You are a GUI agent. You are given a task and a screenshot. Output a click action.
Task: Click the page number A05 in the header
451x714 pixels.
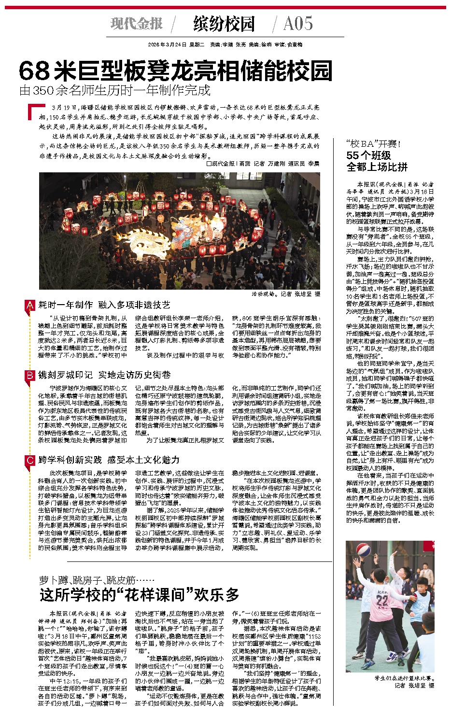coord(298,23)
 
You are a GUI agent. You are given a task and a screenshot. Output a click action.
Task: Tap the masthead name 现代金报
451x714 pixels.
coord(137,23)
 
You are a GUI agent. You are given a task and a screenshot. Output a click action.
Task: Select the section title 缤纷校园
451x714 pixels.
coord(224,24)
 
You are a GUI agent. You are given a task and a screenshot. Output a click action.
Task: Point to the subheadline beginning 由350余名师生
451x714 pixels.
coord(115,90)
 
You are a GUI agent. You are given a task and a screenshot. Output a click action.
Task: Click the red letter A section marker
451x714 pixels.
coord(30,305)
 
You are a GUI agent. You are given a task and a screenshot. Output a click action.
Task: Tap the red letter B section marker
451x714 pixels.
coord(30,375)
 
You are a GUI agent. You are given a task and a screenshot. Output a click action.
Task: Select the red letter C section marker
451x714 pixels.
coord(30,460)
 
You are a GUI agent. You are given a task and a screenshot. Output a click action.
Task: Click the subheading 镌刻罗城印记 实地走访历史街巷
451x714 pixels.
coord(104,375)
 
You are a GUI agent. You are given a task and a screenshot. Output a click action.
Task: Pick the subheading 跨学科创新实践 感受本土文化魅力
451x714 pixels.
coord(109,460)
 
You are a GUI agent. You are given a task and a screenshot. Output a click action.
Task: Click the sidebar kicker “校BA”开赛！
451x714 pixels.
coord(373,144)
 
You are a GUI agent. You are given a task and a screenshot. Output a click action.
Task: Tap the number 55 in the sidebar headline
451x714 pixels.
coord(353,155)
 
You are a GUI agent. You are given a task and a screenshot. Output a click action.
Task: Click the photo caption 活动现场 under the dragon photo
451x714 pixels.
coord(264,294)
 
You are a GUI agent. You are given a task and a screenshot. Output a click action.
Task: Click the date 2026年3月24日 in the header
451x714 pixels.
coord(167,44)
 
